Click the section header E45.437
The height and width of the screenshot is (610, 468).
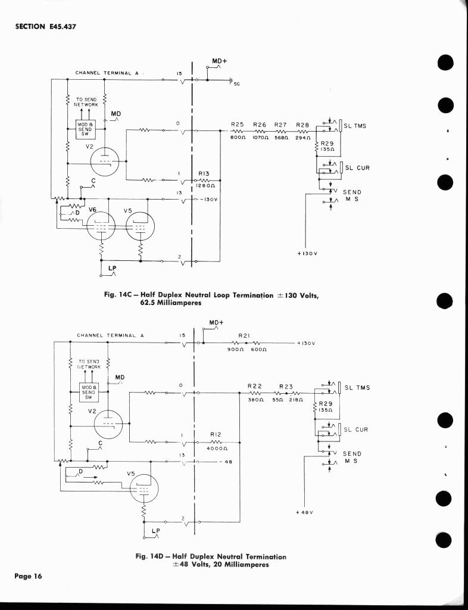point(45,26)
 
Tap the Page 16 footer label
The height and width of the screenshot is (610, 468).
point(29,577)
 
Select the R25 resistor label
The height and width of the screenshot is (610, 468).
point(238,125)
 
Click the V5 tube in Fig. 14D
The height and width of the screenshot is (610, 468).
point(143,490)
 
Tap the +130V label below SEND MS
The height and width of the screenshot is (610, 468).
point(307,254)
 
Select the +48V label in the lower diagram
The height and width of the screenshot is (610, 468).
point(304,512)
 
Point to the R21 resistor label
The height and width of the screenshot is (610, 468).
point(244,336)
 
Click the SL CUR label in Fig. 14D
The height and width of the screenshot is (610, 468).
point(357,430)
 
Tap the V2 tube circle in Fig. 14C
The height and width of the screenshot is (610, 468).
point(105,161)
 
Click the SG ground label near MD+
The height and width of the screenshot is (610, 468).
point(236,84)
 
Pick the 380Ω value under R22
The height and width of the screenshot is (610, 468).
point(254,400)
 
